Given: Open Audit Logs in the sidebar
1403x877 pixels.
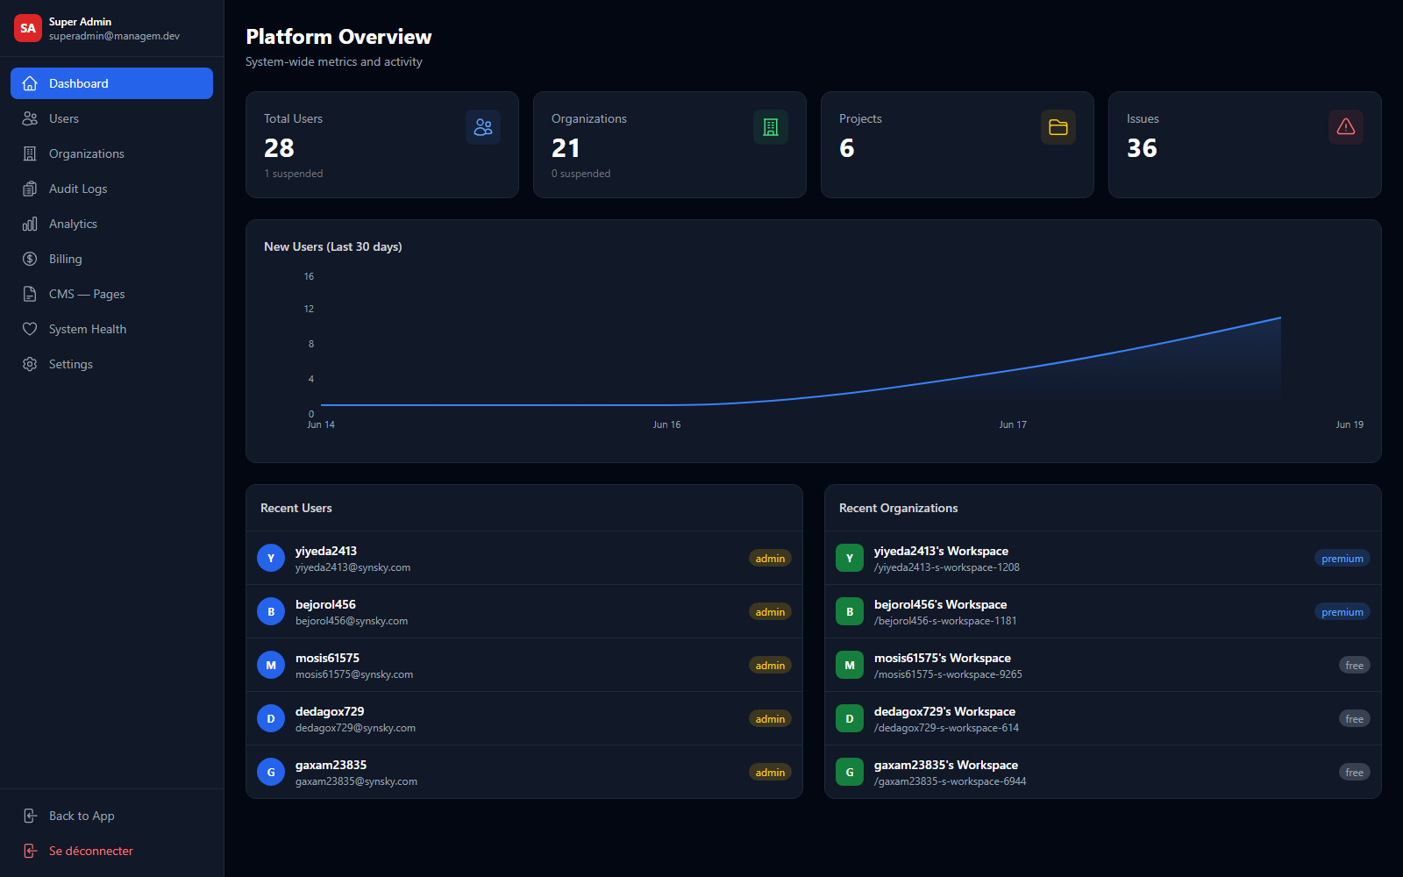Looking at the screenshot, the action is coord(78,189).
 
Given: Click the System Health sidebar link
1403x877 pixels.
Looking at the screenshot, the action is coord(87,329).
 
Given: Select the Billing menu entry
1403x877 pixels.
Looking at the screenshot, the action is coord(65,259).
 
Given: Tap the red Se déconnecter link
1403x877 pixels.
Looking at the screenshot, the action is coord(91,851).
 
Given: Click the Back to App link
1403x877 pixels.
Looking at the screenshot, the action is coord(82,816).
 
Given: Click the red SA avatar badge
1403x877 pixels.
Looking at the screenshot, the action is coord(27,28).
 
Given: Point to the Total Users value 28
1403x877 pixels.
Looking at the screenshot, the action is coord(279,148).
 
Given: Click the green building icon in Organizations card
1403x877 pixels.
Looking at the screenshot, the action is coord(771,127).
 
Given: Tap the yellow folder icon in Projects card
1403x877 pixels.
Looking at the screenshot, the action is coord(1058,127).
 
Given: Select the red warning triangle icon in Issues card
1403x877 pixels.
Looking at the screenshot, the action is coord(1345,127).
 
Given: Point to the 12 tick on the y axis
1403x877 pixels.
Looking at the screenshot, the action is coord(309,309).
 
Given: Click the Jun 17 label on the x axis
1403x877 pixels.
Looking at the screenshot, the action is coord(1013,424).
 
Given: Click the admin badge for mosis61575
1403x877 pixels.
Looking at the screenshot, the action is coord(770,666).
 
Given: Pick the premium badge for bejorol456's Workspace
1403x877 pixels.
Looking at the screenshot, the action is coord(1342,612).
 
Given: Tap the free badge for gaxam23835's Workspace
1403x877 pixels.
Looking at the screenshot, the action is coord(1354,773).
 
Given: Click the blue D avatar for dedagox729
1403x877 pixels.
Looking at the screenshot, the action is coord(271,718).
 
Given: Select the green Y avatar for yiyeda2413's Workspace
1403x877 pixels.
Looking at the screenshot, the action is coord(850,558).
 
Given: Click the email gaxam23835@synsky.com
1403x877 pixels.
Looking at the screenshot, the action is coord(356,781).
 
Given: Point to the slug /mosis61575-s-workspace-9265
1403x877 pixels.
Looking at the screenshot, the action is coord(948,674).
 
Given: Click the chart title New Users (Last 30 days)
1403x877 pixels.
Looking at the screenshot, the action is coord(332,246).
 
